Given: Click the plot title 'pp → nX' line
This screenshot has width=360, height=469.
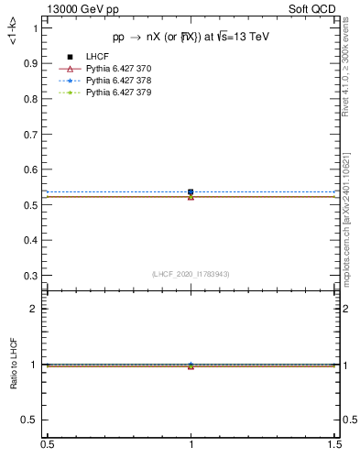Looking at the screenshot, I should click(191, 37).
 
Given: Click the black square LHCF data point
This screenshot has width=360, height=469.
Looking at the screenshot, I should click(191, 192).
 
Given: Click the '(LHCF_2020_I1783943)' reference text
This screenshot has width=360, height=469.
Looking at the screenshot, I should click(191, 275).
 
